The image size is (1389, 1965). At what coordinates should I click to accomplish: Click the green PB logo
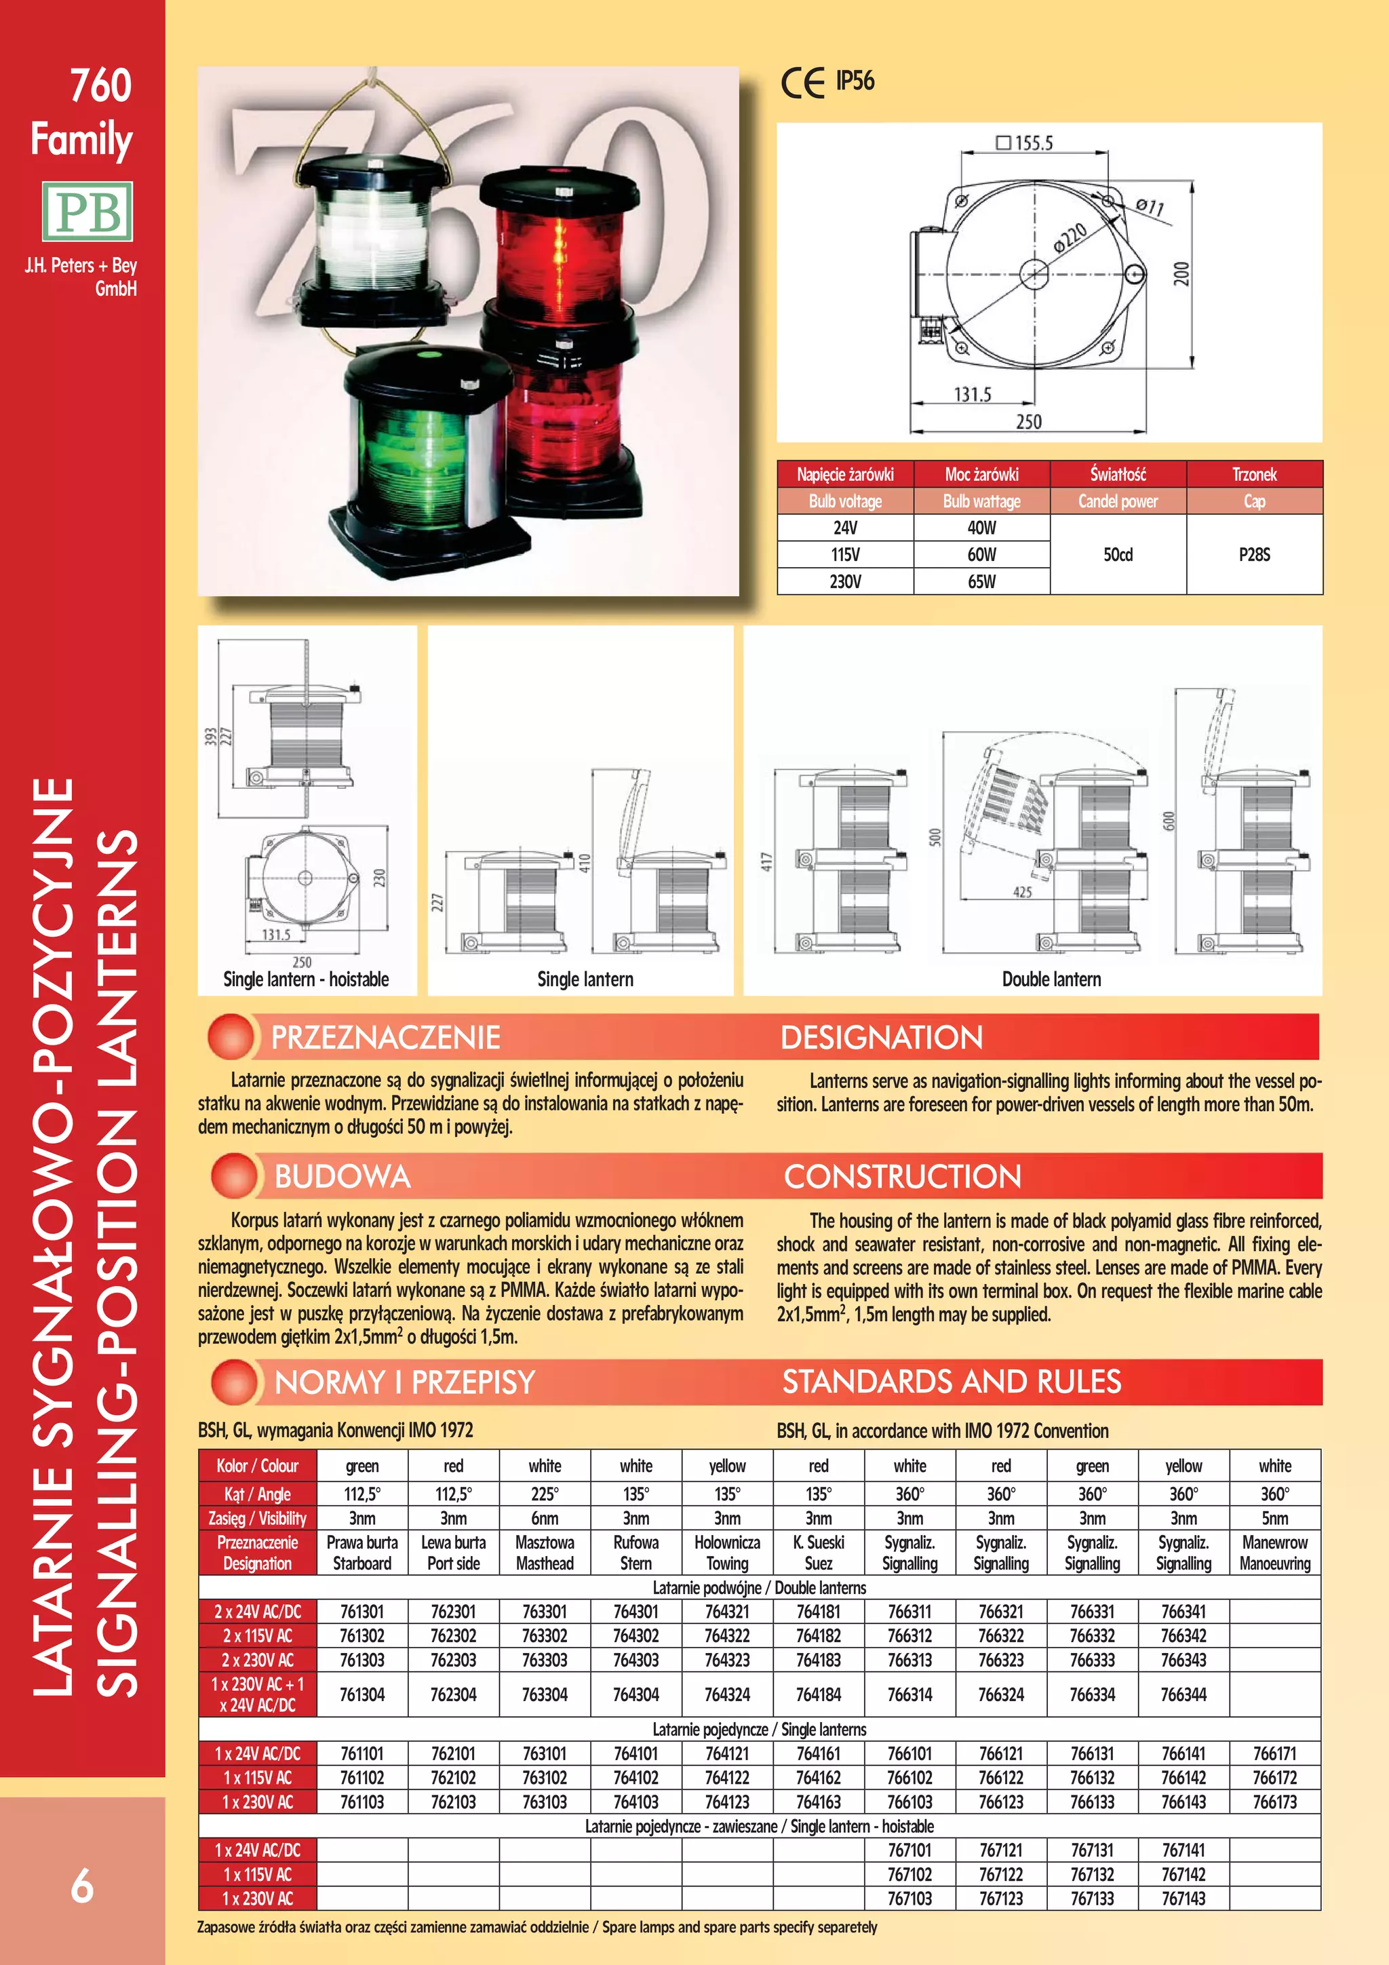point(87,210)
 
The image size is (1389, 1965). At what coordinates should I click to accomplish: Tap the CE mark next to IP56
point(802,82)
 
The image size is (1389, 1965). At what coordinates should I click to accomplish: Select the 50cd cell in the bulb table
point(1118,555)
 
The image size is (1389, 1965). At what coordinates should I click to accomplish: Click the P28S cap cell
point(1254,555)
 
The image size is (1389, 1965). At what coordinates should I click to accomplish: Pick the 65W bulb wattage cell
point(981,581)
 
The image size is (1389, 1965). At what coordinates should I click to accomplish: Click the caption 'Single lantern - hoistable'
point(305,979)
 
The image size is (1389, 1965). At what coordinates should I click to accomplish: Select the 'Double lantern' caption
point(1051,979)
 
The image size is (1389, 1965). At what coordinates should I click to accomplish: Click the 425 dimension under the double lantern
point(1022,892)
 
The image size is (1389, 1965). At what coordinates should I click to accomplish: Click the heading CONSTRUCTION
point(902,1176)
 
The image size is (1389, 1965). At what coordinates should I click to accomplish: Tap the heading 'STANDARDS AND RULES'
point(951,1381)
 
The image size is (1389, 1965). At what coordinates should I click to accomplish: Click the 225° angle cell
point(545,1494)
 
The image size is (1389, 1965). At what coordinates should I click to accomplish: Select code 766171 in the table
point(1274,1753)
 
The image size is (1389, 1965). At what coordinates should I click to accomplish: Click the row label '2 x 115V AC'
point(258,1635)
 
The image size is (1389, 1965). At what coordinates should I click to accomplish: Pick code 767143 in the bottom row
point(1183,1899)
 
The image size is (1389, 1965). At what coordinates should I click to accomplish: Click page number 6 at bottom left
point(81,1886)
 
